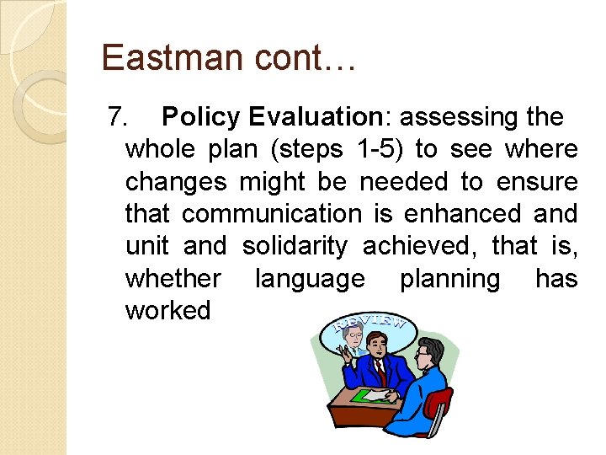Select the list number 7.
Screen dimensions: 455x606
pyautogui.click(x=120, y=117)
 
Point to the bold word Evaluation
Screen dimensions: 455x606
pyautogui.click(x=312, y=117)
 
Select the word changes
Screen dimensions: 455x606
pyautogui.click(x=176, y=182)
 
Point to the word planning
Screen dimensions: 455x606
pyautogui.click(x=449, y=278)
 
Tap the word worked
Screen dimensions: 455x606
pyautogui.click(x=167, y=310)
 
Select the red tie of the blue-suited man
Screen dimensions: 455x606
pyautogui.click(x=380, y=370)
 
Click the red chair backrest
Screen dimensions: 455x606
pyautogui.click(x=439, y=404)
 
